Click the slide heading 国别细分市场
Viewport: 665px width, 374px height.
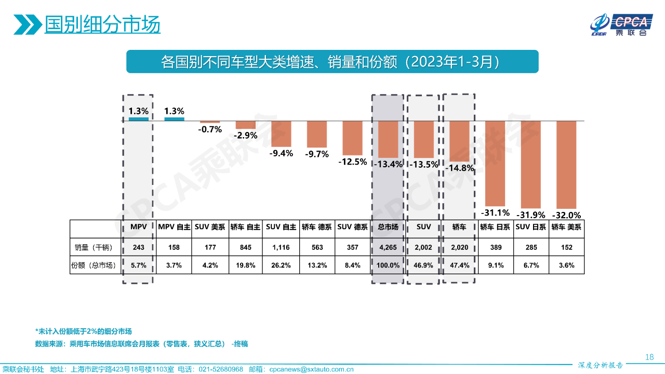[x=102, y=24]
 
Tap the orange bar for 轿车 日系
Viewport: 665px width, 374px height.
[x=495, y=163]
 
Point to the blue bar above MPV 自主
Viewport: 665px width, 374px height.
[x=174, y=119]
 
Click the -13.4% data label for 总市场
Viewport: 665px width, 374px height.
[x=387, y=164]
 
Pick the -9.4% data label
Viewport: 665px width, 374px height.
[x=281, y=153]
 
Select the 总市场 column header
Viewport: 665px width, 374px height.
[x=388, y=227]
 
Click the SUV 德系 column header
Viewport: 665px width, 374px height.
[x=352, y=227]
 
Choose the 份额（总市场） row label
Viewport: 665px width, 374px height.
[x=93, y=265]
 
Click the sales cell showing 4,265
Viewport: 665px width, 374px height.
[x=388, y=248]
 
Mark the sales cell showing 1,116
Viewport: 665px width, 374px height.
[x=281, y=248]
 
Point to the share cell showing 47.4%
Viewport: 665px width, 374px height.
[x=459, y=265]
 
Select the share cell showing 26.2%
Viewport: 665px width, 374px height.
[x=281, y=265]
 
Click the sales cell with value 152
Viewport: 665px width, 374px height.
[x=566, y=248]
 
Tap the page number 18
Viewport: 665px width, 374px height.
[x=649, y=357]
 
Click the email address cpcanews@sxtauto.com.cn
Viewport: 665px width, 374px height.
[x=312, y=369]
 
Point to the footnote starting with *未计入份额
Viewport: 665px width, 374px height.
[x=83, y=331]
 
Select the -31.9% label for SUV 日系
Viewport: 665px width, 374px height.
[x=530, y=215]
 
